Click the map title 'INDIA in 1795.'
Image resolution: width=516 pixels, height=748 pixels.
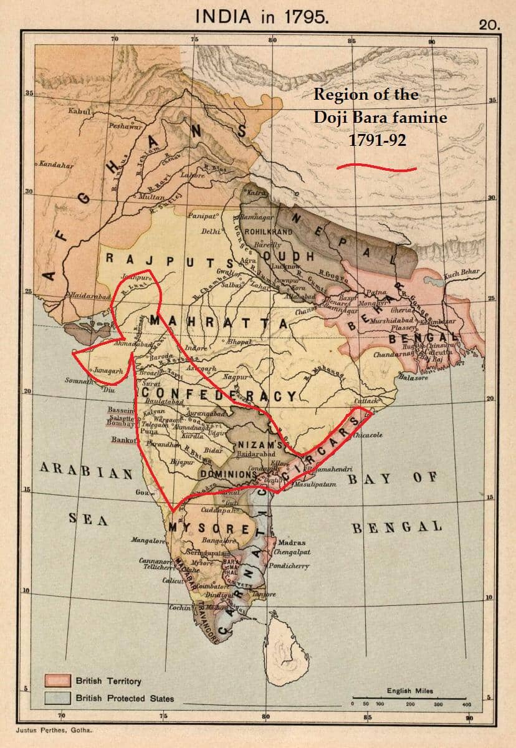click(262, 17)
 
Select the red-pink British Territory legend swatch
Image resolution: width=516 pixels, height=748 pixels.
click(57, 680)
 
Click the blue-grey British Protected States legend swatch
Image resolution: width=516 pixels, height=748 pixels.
click(57, 698)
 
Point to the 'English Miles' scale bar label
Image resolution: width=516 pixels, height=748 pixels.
click(409, 691)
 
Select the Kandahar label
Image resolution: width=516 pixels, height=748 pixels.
click(55, 165)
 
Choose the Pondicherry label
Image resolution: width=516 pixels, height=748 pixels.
click(289, 566)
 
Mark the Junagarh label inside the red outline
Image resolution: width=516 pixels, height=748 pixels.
click(107, 370)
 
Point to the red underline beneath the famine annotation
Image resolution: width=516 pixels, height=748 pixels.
click(376, 167)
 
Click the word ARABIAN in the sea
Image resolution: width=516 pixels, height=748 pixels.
click(87, 472)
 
